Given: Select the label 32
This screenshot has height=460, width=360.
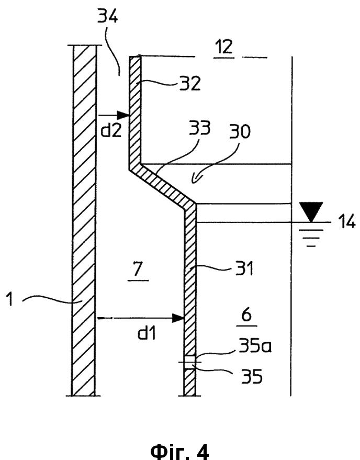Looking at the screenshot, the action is click(190, 83).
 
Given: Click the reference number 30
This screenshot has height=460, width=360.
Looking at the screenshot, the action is click(240, 131).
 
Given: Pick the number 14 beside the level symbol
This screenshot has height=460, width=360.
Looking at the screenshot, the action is click(346, 221).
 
